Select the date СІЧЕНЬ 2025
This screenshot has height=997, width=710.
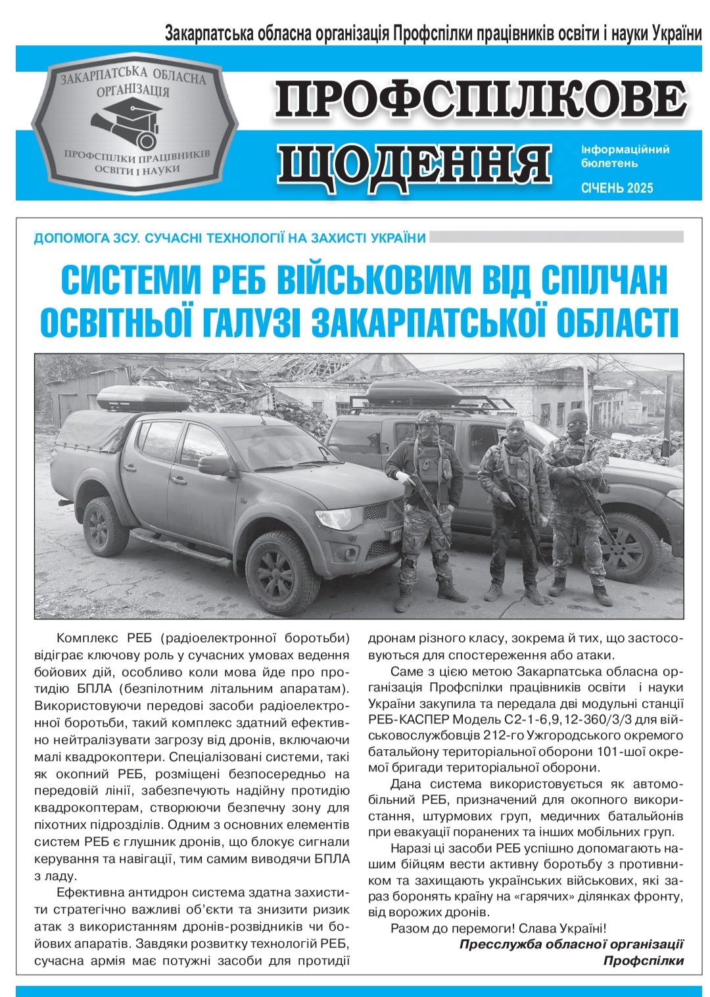coord(617,188)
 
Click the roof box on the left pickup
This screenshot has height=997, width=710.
coord(142,398)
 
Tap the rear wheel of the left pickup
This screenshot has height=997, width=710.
coord(105,526)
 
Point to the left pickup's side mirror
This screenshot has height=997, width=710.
coord(217,464)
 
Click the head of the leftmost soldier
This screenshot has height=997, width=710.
coord(428,425)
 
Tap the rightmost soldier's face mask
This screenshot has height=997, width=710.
coord(577,429)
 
